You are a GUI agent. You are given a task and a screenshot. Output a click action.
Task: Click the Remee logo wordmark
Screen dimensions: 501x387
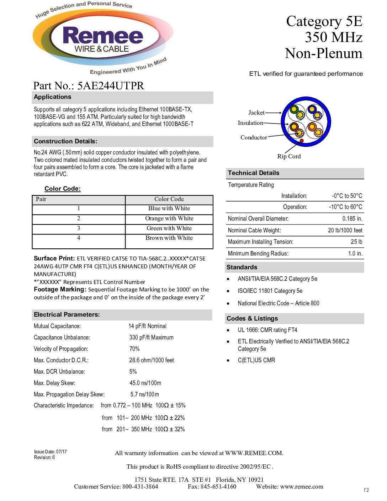pyautogui.click(x=103, y=36)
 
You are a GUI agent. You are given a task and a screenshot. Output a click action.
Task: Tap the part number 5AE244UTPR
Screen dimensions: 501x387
pyautogui.click(x=111, y=86)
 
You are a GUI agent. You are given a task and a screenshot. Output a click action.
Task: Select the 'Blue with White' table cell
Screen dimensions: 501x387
pyautogui.click(x=169, y=209)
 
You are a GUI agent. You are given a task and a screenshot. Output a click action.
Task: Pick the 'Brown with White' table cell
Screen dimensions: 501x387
pyautogui.click(x=169, y=238)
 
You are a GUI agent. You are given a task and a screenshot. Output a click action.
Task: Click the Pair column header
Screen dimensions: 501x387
pyautogui.click(x=41, y=199)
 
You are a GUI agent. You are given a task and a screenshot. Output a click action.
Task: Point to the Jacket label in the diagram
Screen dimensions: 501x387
pyautogui.click(x=256, y=113)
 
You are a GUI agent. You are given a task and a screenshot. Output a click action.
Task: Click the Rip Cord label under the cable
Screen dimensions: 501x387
pyautogui.click(x=289, y=157)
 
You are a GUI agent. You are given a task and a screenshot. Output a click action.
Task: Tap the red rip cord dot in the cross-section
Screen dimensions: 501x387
pyautogui.click(x=302, y=141)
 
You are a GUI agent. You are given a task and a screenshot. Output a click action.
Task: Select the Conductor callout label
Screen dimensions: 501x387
pyautogui.click(x=254, y=138)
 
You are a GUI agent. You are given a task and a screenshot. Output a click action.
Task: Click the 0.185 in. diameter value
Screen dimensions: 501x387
pyautogui.click(x=352, y=219)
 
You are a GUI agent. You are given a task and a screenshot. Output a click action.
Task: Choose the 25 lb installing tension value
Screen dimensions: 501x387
pyautogui.click(x=356, y=242)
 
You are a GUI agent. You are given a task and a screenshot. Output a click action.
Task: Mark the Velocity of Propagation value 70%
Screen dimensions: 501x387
pyautogui.click(x=134, y=349)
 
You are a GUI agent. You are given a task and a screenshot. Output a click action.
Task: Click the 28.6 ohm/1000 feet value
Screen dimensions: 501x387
pyautogui.click(x=152, y=360)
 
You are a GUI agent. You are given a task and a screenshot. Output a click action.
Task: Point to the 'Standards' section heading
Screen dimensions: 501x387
pyautogui.click(x=242, y=268)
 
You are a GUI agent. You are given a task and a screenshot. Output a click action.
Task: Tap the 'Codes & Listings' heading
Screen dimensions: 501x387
pyautogui.click(x=252, y=319)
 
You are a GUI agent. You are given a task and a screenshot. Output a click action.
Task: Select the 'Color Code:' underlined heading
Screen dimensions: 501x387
pyautogui.click(x=63, y=189)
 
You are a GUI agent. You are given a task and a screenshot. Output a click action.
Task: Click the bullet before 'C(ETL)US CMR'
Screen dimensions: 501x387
pyautogui.click(x=228, y=360)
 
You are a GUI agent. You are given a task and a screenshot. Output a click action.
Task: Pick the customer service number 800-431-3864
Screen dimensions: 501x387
pyautogui.click(x=140, y=487)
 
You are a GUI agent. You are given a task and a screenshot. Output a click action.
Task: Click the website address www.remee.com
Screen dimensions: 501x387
pyautogui.click(x=302, y=487)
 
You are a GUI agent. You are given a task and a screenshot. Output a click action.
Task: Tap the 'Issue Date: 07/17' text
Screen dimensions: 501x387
pyautogui.click(x=51, y=452)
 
